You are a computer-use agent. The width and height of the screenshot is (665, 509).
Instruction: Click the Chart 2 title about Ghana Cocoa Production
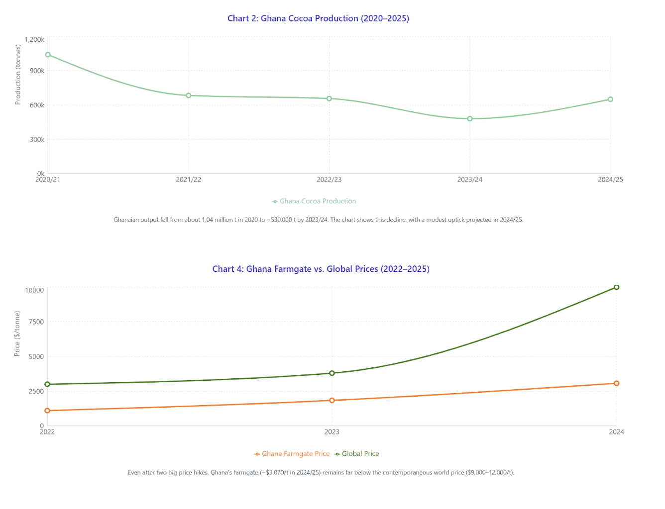(318, 18)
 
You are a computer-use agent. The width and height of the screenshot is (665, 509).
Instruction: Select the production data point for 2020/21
(48, 55)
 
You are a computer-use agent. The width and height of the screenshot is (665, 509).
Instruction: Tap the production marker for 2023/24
(470, 119)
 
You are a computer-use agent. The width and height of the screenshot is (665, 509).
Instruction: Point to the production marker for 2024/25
(610, 99)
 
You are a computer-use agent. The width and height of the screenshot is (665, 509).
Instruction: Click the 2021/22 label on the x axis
(188, 179)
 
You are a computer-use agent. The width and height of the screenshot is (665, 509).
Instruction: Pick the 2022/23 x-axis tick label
(329, 179)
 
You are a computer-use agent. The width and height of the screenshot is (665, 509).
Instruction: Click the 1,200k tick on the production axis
(34, 39)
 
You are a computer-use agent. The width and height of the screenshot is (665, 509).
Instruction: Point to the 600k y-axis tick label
(37, 105)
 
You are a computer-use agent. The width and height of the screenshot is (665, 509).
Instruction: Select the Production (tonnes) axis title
(18, 75)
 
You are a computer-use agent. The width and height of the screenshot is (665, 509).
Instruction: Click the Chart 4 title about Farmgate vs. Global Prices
(321, 269)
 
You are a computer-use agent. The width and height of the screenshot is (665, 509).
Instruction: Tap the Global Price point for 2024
(616, 287)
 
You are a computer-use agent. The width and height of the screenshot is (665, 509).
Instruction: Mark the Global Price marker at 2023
(332, 373)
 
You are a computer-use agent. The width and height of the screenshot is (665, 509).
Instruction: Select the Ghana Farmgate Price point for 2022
(47, 411)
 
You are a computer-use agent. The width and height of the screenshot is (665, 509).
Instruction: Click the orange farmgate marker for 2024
(616, 383)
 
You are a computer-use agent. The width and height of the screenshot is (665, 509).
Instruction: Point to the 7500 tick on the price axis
(36, 322)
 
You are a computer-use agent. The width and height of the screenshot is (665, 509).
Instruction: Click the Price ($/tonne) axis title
(17, 334)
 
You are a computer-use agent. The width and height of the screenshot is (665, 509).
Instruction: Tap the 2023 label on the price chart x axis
(332, 431)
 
